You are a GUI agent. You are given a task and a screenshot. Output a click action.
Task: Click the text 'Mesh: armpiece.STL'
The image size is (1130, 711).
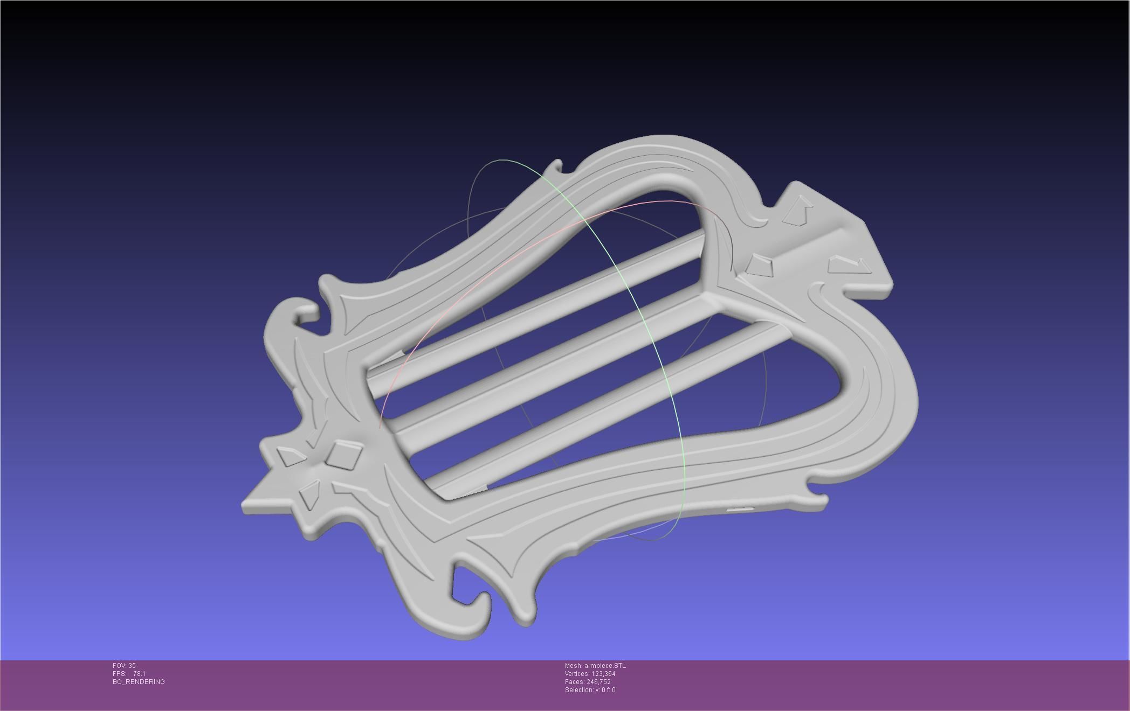point(595,666)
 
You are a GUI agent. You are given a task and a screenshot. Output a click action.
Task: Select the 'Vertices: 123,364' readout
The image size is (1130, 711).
point(590,674)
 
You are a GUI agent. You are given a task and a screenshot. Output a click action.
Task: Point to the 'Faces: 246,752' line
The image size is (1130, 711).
point(588,682)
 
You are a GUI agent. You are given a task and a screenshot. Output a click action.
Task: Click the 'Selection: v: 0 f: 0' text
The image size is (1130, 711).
point(590,690)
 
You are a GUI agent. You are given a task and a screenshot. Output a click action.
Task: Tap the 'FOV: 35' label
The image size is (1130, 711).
point(124,666)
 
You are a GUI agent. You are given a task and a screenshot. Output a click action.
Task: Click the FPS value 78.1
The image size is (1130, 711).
point(139,674)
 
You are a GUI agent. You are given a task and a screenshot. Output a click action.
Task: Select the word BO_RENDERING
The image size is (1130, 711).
point(139,682)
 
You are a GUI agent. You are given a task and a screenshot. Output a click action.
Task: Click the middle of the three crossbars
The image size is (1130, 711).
point(550,366)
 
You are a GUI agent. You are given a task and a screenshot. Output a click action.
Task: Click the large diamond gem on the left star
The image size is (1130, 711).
point(343,455)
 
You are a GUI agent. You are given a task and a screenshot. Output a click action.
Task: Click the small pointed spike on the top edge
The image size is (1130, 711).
point(557,164)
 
